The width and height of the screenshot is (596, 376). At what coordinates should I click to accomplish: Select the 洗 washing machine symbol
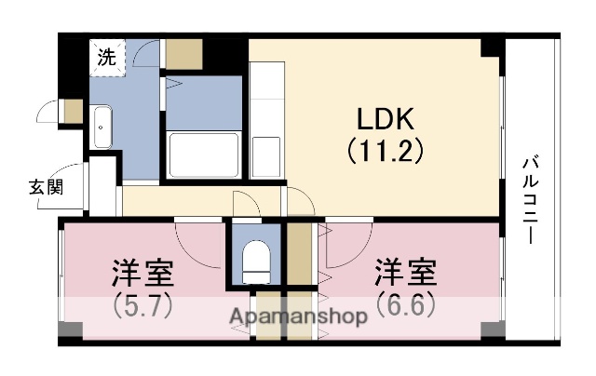click(x=108, y=56)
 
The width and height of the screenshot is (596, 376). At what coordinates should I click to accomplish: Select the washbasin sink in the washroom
click(x=102, y=125)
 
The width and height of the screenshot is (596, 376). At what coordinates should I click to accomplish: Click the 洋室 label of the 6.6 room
click(x=406, y=274)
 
